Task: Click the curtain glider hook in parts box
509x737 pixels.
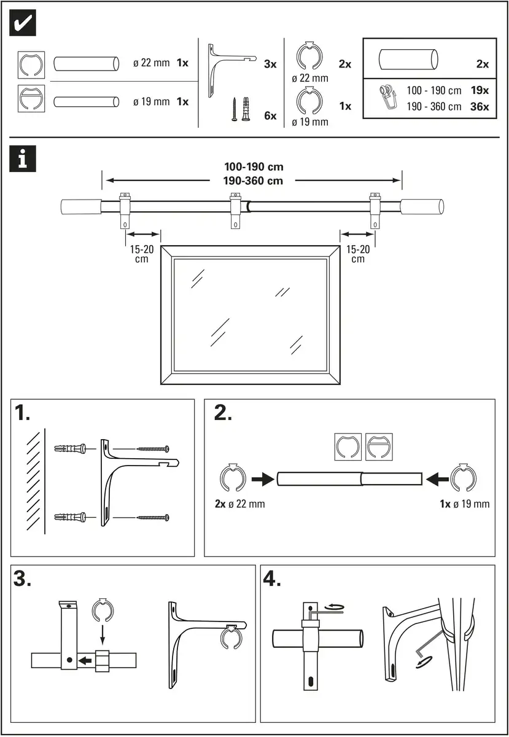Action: [x=388, y=97]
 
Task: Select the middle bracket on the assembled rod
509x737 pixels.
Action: [x=235, y=209]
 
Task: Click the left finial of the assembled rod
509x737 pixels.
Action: [x=79, y=206]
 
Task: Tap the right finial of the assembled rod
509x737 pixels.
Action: [x=423, y=206]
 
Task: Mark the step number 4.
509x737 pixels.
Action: [x=272, y=580]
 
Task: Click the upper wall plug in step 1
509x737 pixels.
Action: [x=71, y=448]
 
